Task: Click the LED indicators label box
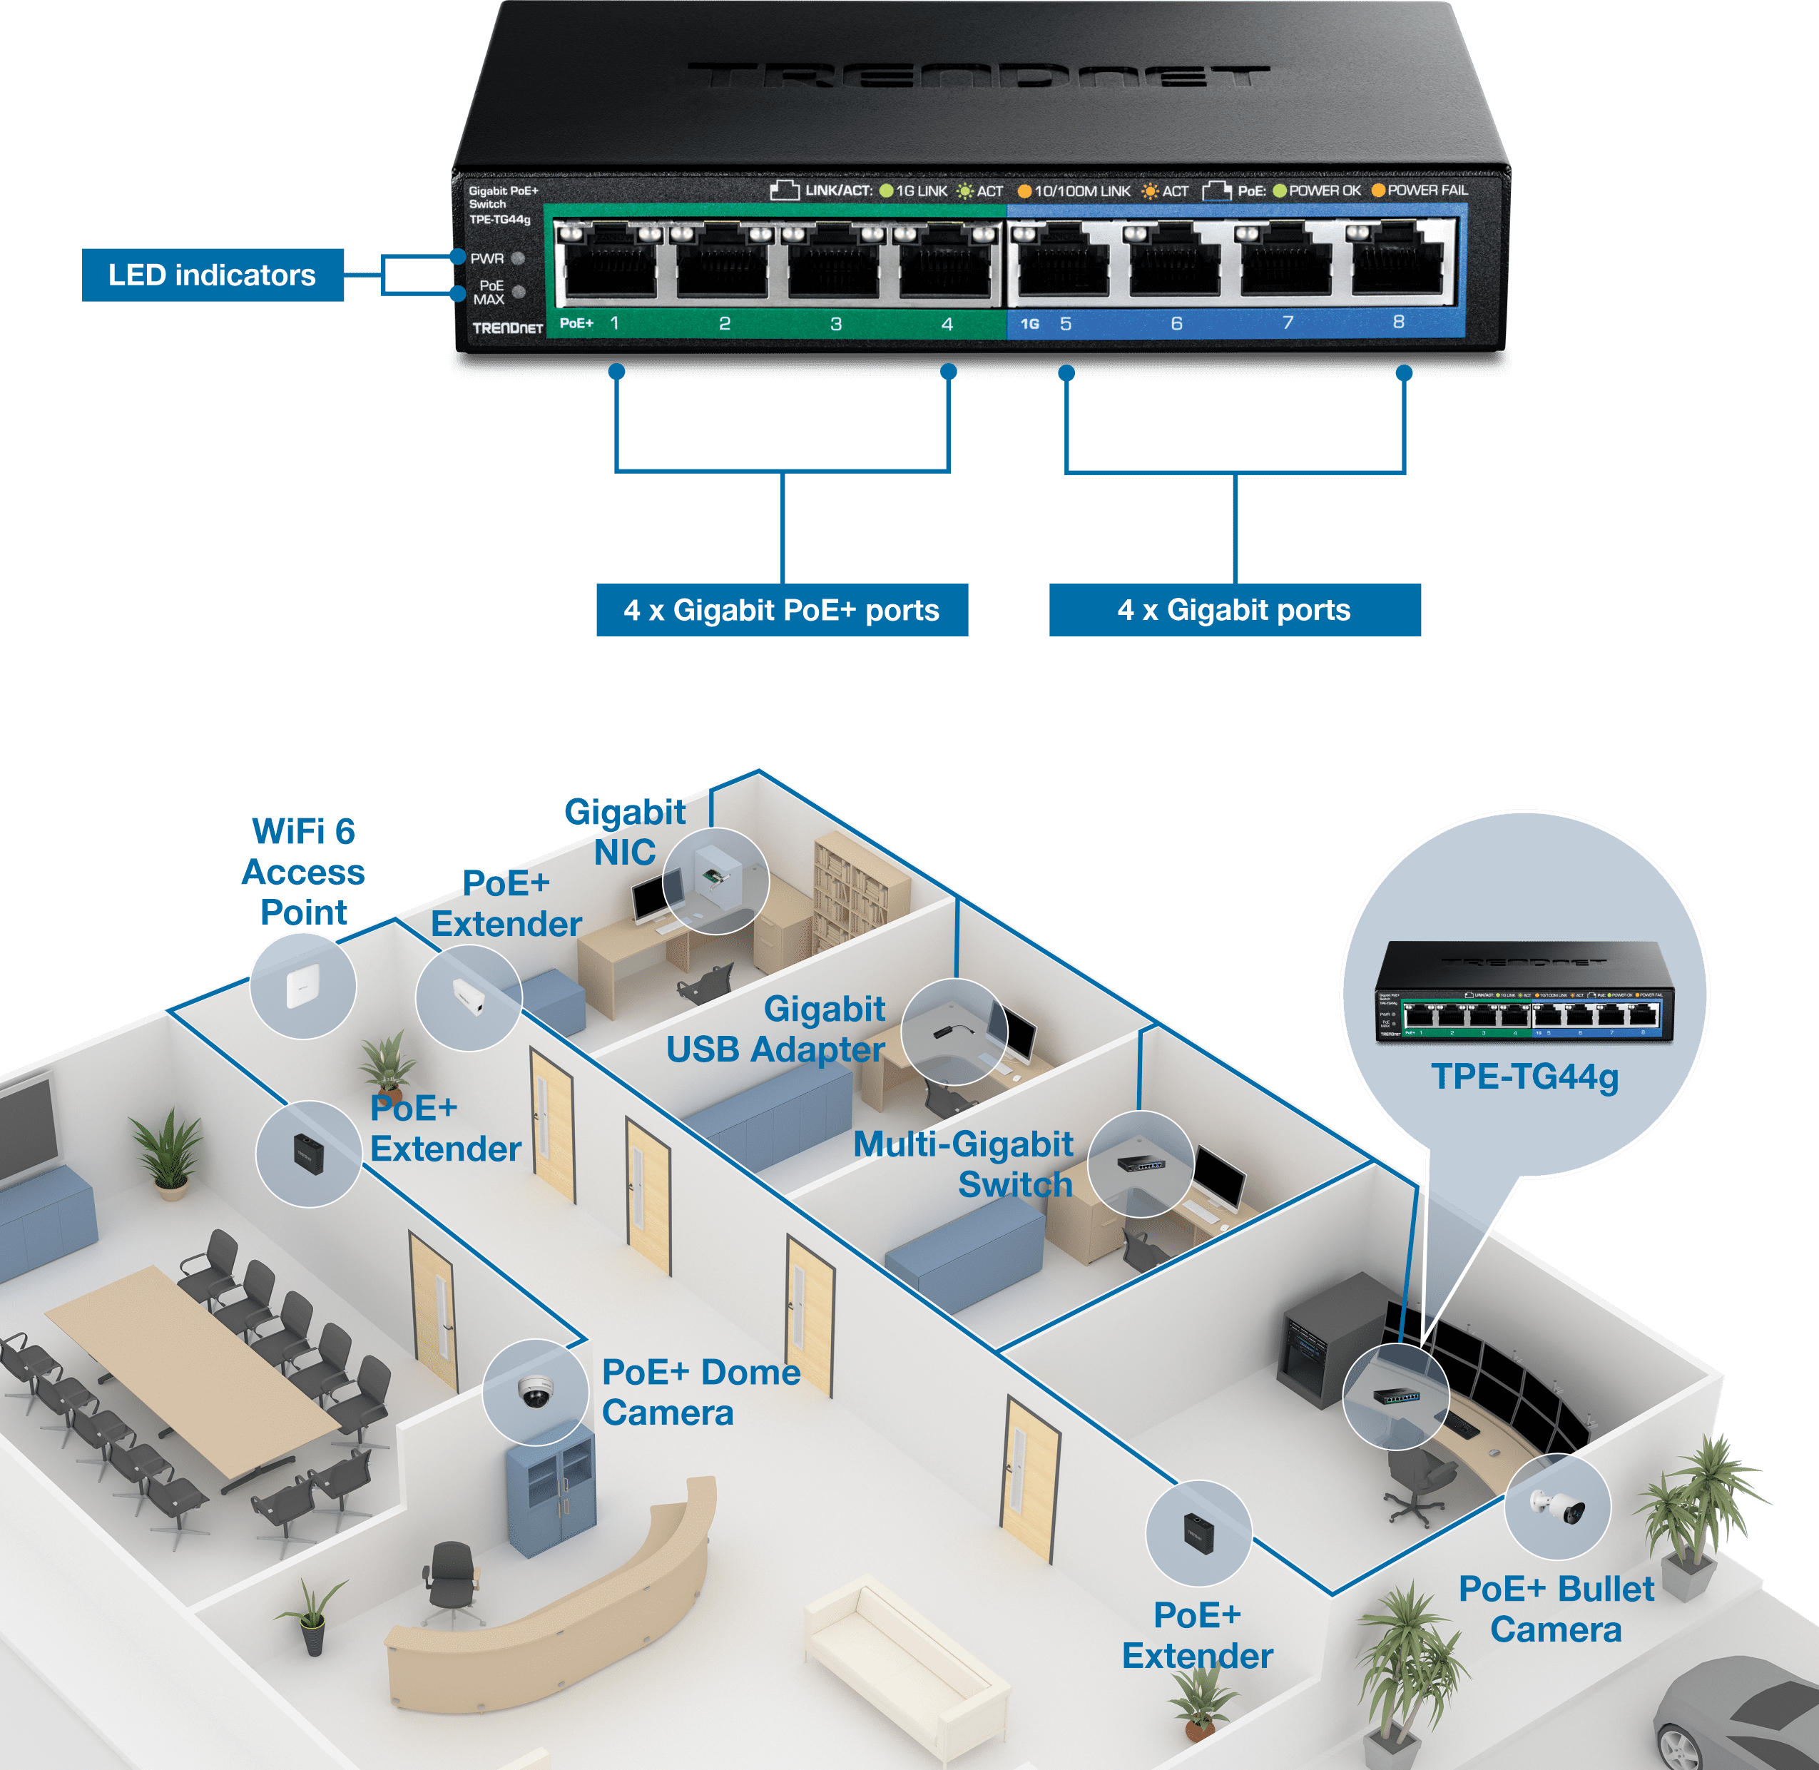coord(212,275)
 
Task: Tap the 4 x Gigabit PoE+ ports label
coord(781,610)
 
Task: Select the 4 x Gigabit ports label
coord(1233,610)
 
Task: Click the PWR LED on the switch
coord(519,258)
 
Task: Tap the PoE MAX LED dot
coord(519,292)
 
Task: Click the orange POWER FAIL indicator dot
coord(1378,190)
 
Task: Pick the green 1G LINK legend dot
coord(886,191)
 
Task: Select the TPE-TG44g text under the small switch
coord(1524,1077)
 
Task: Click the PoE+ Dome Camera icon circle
coord(536,1392)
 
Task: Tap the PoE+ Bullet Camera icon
coord(1558,1507)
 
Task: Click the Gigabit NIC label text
coord(626,832)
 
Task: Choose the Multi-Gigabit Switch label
coord(964,1164)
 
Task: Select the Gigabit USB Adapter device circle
coord(954,1031)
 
